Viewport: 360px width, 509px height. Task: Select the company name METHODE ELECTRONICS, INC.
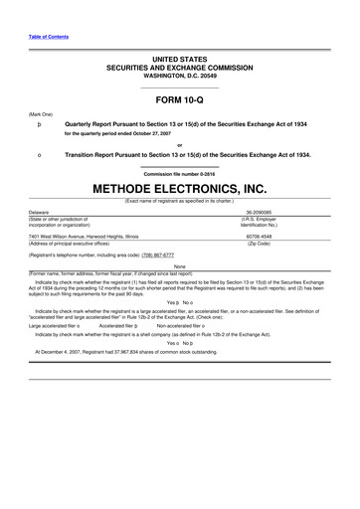pyautogui.click(x=180, y=188)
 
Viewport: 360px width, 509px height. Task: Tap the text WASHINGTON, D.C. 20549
pyautogui.click(x=180, y=76)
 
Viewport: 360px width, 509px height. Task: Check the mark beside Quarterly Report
pyautogui.click(x=39, y=122)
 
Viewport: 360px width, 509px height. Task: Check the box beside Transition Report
pyautogui.click(x=39, y=155)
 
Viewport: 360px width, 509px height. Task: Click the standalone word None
pyautogui.click(x=180, y=266)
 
